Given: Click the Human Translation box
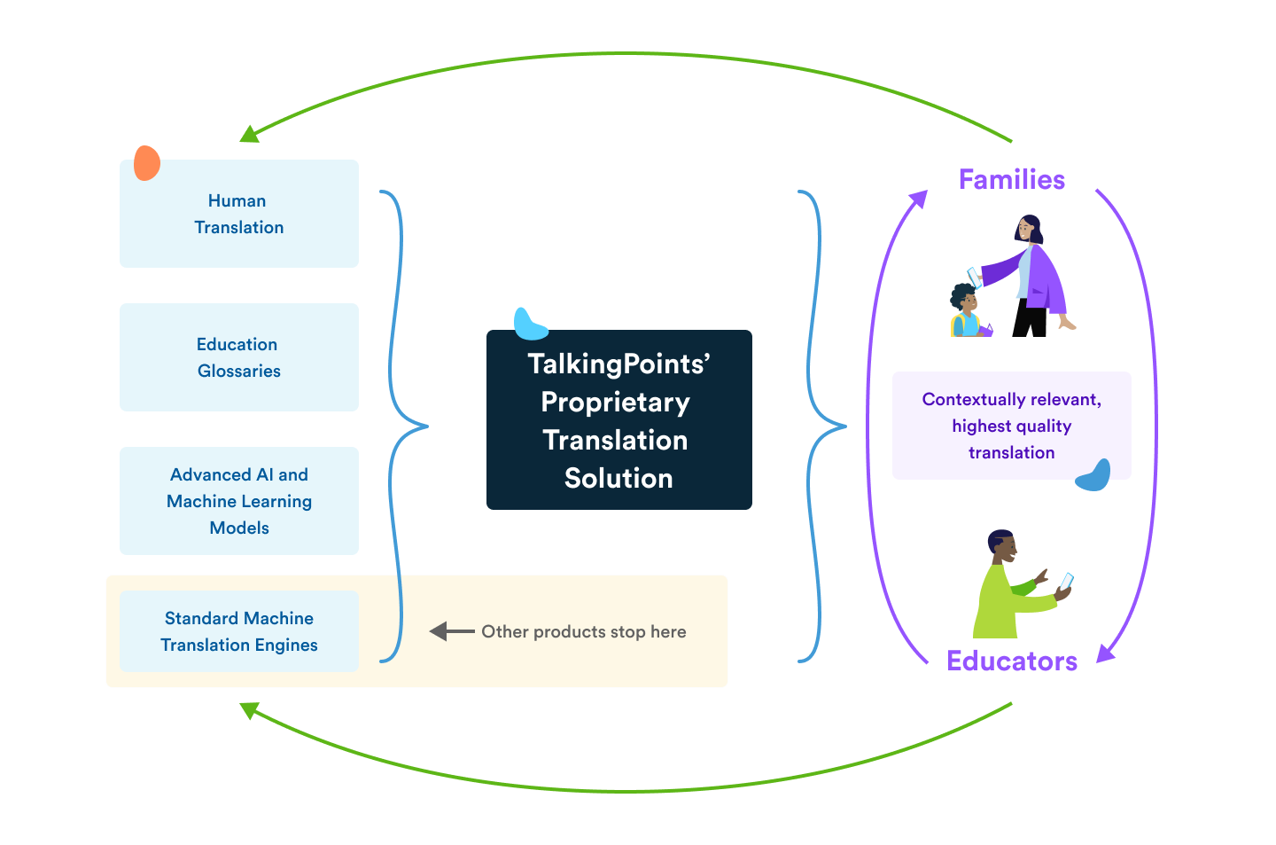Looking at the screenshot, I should tap(239, 214).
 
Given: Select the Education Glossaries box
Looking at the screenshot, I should tap(239, 357).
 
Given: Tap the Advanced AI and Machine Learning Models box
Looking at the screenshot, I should tap(239, 501).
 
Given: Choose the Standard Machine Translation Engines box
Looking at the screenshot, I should tap(239, 631).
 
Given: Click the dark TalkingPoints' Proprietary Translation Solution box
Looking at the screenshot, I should tap(619, 420).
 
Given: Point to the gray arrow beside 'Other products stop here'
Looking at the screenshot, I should tap(450, 631).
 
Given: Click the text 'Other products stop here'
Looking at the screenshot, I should tap(584, 631).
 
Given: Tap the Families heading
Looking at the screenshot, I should tap(1011, 180).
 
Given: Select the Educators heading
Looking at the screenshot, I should tap(1011, 661).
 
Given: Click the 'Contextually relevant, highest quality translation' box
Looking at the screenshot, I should tap(1011, 426).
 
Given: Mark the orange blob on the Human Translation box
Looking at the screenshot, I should tap(147, 163).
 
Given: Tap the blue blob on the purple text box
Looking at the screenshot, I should tap(1093, 476).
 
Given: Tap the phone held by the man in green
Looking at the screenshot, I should tap(1066, 582).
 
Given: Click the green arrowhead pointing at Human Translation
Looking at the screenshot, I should tap(250, 134).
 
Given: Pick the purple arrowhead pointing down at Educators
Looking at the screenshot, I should tap(1106, 653).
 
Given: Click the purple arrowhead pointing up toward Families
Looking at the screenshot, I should tap(918, 200).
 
